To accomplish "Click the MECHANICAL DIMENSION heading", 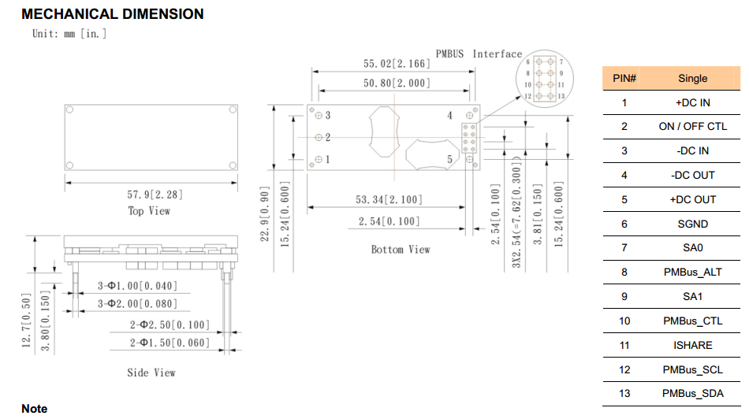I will [113, 14].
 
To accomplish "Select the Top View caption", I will [149, 211].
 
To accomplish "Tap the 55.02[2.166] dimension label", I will [396, 63].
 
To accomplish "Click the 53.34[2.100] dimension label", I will [388, 200].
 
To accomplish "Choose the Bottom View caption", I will [401, 249].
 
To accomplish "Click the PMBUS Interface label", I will [479, 54].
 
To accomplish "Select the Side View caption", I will [151, 373].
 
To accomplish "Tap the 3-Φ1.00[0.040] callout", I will [137, 285].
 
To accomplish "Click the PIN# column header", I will [624, 78].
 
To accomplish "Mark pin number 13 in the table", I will [624, 394].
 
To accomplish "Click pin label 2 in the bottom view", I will [327, 138].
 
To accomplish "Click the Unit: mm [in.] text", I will [69, 33].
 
